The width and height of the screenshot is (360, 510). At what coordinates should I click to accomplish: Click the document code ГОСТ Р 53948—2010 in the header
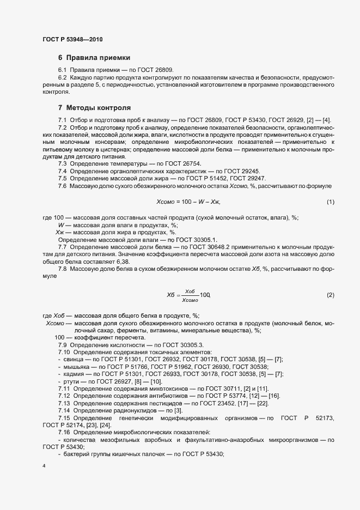[72, 39]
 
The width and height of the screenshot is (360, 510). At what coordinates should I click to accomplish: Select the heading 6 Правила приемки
[94, 58]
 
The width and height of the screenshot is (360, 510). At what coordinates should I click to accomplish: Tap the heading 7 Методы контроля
[94, 108]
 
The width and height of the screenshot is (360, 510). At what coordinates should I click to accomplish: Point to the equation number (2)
[330, 295]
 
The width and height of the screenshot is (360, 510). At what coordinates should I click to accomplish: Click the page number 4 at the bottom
[44, 467]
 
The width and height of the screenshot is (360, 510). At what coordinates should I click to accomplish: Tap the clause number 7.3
[63, 163]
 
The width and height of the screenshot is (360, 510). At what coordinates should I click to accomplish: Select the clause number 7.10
[64, 353]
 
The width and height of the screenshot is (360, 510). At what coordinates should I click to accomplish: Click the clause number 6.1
[63, 70]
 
